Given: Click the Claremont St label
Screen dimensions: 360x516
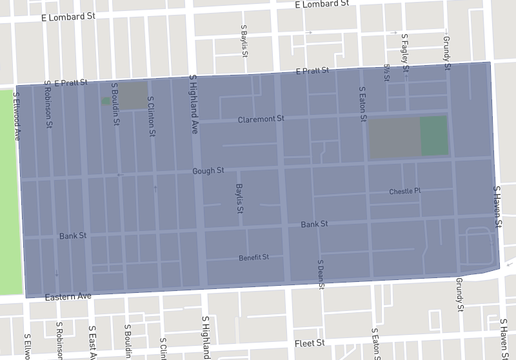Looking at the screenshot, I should click(261, 119).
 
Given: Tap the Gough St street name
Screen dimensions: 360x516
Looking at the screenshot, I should click(208, 171).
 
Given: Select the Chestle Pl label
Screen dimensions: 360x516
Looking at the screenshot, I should click(405, 191).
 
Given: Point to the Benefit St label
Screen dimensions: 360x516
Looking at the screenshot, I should click(254, 257).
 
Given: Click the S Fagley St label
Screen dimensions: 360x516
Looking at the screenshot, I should click(406, 51).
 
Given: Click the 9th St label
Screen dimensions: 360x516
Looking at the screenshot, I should click(387, 73).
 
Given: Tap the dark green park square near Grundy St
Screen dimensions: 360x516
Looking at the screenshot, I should click(433, 135).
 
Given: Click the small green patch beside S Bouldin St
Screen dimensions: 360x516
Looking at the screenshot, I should click(106, 100).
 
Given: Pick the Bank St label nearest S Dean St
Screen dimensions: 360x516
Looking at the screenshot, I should click(315, 224).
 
